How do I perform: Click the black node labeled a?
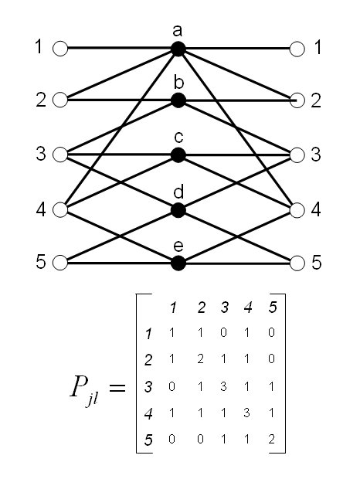click(x=178, y=49)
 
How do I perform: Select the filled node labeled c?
click(x=178, y=155)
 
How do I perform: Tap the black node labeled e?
click(x=178, y=263)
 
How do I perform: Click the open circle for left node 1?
click(x=60, y=49)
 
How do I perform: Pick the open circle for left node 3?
click(x=60, y=155)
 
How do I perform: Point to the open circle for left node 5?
click(x=60, y=263)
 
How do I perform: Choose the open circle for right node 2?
click(x=297, y=100)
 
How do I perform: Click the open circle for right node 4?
click(x=297, y=210)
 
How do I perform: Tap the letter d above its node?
click(x=178, y=192)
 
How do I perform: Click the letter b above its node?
click(x=178, y=82)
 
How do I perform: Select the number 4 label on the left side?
click(x=41, y=209)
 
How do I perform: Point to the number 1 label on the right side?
click(x=318, y=47)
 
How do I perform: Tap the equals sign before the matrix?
click(x=117, y=388)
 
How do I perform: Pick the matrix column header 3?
click(x=225, y=307)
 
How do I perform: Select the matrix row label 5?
click(x=148, y=440)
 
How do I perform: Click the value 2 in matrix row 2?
click(x=200, y=358)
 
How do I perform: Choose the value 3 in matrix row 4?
click(x=246, y=413)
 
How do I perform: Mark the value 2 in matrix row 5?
click(x=271, y=439)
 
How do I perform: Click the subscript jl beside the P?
click(x=93, y=400)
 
